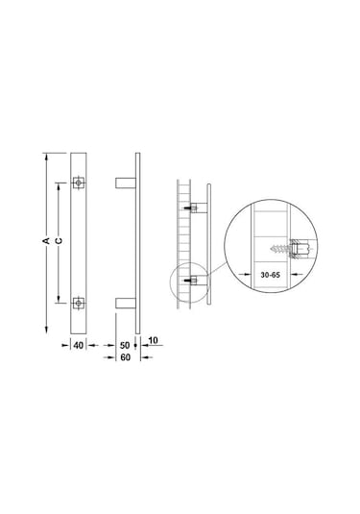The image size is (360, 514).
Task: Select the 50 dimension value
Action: [126, 343]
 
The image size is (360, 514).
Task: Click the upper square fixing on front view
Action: [79, 181]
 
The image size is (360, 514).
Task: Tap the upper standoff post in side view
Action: [126, 181]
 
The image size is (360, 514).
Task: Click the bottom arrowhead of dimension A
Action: [46, 330]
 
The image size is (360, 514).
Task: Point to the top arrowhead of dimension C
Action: [59, 183]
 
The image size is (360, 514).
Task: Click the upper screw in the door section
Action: [192, 208]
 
